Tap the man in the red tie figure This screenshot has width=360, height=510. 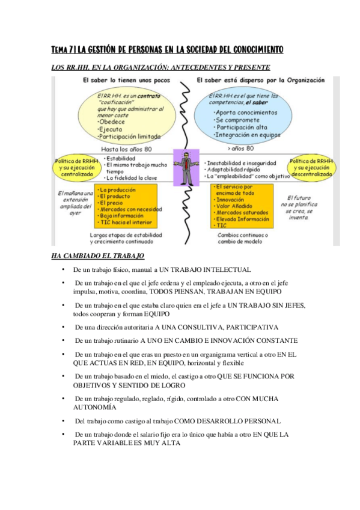pos(186,168)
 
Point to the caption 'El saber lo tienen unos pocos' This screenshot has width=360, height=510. pos(121,80)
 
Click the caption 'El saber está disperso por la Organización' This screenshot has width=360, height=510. pos(260,80)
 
